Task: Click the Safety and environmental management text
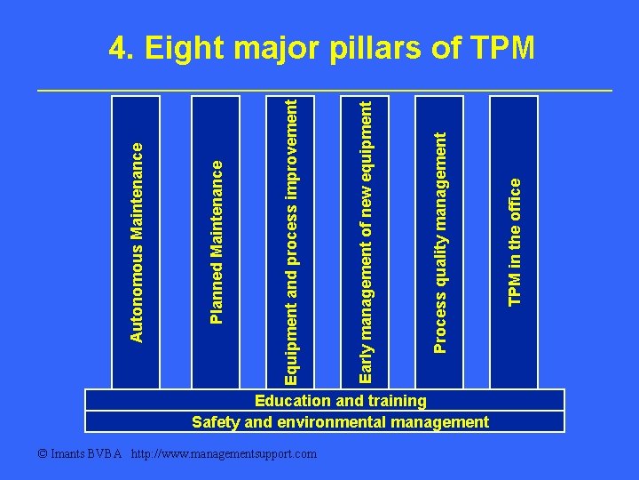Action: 340,421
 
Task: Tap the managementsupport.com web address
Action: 223,454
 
